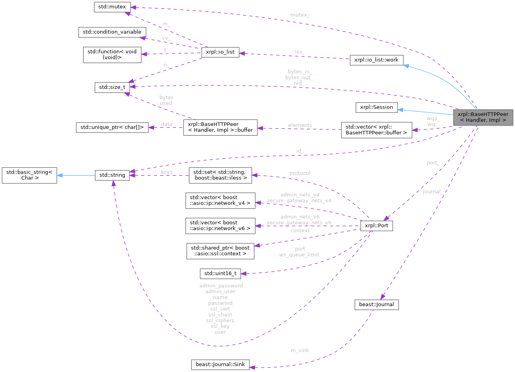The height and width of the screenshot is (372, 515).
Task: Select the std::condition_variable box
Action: tap(112, 32)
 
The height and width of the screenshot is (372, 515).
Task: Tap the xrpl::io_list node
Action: tap(220, 52)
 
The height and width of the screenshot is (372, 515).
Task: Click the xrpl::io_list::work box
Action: tap(376, 60)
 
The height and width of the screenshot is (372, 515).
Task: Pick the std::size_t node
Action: tap(112, 87)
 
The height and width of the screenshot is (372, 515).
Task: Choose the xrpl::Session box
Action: tap(376, 107)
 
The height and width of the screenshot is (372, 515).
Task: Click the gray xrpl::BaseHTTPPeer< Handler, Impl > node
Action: tap(483, 117)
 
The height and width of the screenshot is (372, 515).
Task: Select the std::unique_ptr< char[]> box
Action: tap(112, 127)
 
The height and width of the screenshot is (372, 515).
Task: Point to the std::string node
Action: tap(112, 175)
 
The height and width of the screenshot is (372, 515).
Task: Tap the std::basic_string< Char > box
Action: tap(30, 175)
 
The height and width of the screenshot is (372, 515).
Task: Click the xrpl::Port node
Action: tap(376, 226)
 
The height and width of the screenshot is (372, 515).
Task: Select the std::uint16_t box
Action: tap(220, 273)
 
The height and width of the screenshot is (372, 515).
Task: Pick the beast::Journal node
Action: tap(376, 305)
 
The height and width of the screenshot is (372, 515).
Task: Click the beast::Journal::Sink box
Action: tap(220, 365)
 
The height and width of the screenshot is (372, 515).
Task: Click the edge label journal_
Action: tap(432, 192)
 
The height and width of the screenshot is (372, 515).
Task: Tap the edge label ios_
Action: tap(299, 51)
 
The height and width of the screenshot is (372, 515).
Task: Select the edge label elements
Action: tap(300, 125)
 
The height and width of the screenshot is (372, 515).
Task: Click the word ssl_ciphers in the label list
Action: tap(220, 320)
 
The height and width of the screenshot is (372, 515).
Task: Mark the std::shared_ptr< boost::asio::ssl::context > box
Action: tap(220, 251)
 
